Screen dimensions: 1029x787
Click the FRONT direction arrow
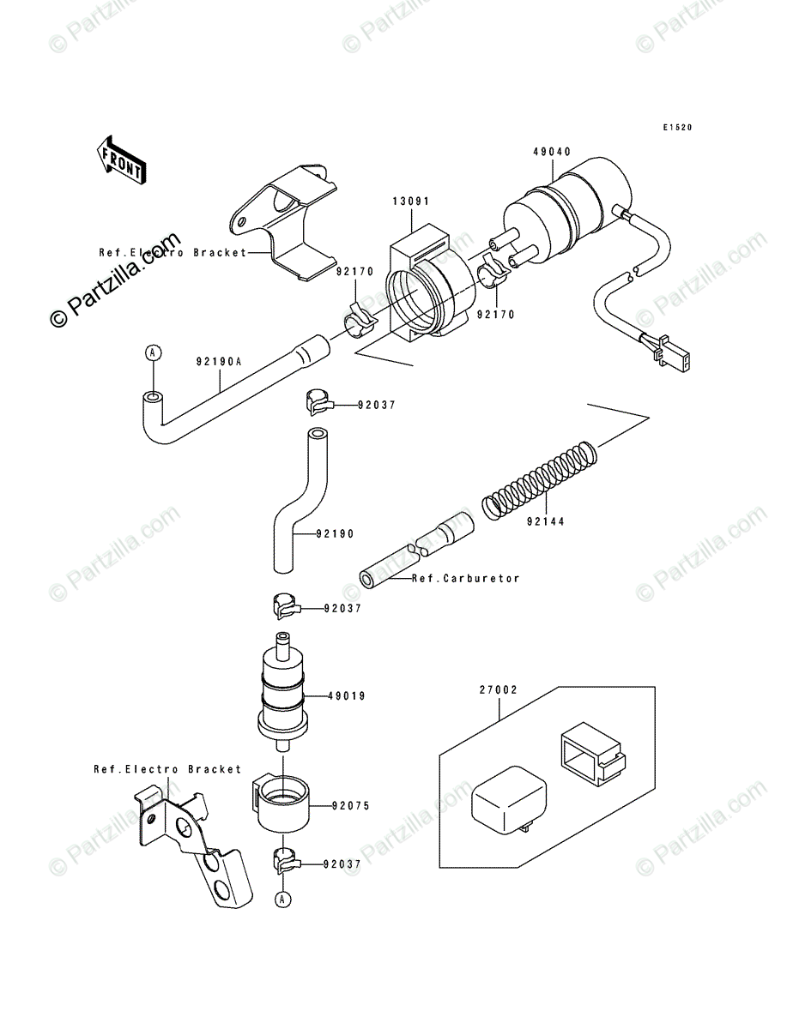119,159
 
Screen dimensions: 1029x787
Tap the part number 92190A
218,361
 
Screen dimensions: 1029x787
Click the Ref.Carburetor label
466,579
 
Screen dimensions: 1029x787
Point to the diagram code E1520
676,128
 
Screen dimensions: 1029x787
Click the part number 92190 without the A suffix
334,533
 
